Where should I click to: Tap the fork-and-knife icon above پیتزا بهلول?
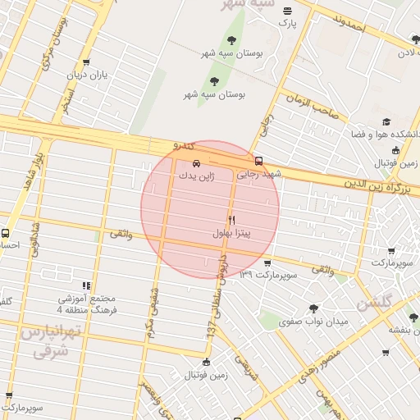232,220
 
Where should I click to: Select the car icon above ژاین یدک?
194,163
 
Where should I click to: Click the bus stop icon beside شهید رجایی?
259,161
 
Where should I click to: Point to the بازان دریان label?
88,75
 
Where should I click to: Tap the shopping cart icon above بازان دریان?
86,62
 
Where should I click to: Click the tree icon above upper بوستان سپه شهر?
232,40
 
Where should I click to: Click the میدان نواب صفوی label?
313,322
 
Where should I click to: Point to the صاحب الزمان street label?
313,107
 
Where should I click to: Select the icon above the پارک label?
287,11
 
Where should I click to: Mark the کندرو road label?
183,145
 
